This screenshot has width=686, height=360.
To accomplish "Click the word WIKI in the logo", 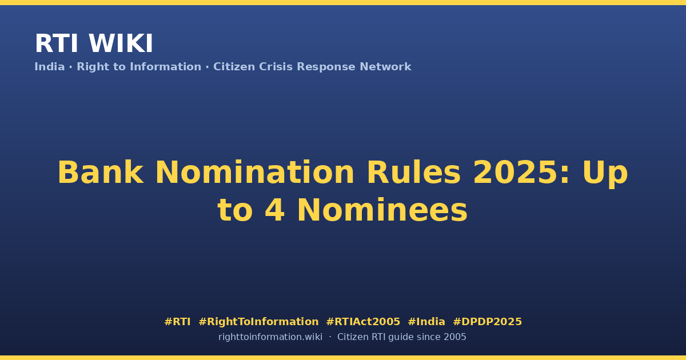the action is point(121,43).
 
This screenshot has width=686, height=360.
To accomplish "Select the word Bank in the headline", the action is point(100,173).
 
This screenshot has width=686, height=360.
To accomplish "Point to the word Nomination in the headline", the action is point(255,173).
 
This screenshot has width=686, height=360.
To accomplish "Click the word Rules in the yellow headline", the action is point(413,173).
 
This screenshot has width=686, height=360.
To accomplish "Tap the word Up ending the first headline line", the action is point(605,174).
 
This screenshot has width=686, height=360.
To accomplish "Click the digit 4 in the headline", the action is point(275,210).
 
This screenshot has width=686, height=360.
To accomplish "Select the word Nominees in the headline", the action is point(382,210).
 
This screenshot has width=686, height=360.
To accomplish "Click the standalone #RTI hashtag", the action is point(177,322).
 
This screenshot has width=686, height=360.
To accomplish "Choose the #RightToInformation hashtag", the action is point(258,322).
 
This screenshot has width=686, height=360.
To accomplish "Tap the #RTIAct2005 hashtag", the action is point(363,322).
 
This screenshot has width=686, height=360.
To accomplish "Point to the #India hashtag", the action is point(426,322).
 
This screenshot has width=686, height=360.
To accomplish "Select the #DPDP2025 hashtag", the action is point(487,322).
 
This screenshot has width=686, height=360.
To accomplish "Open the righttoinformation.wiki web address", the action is point(270,337).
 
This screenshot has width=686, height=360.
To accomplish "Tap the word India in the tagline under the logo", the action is point(50,67).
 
